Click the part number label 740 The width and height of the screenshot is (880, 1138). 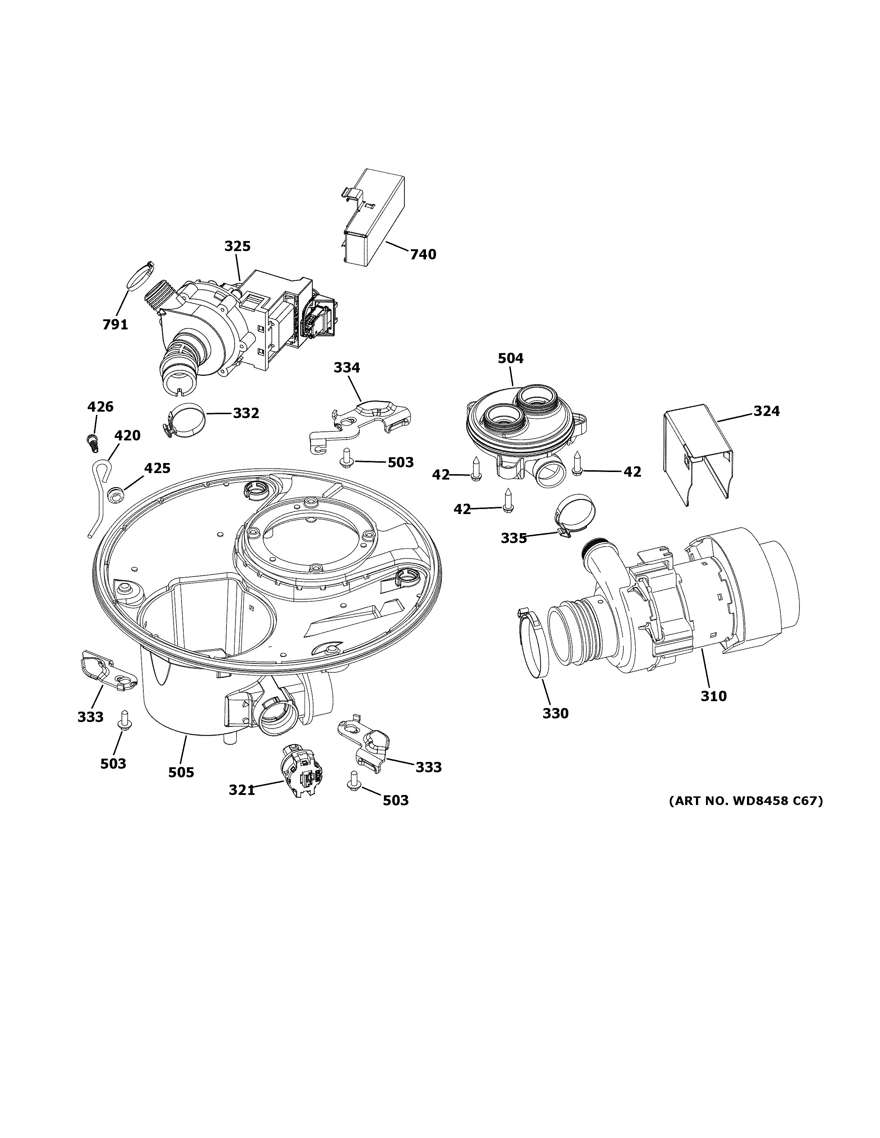[x=423, y=254]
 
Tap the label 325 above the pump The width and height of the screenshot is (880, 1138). [x=237, y=246]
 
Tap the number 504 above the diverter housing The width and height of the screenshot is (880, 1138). [x=510, y=358]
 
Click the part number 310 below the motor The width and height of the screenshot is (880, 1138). [x=713, y=695]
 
